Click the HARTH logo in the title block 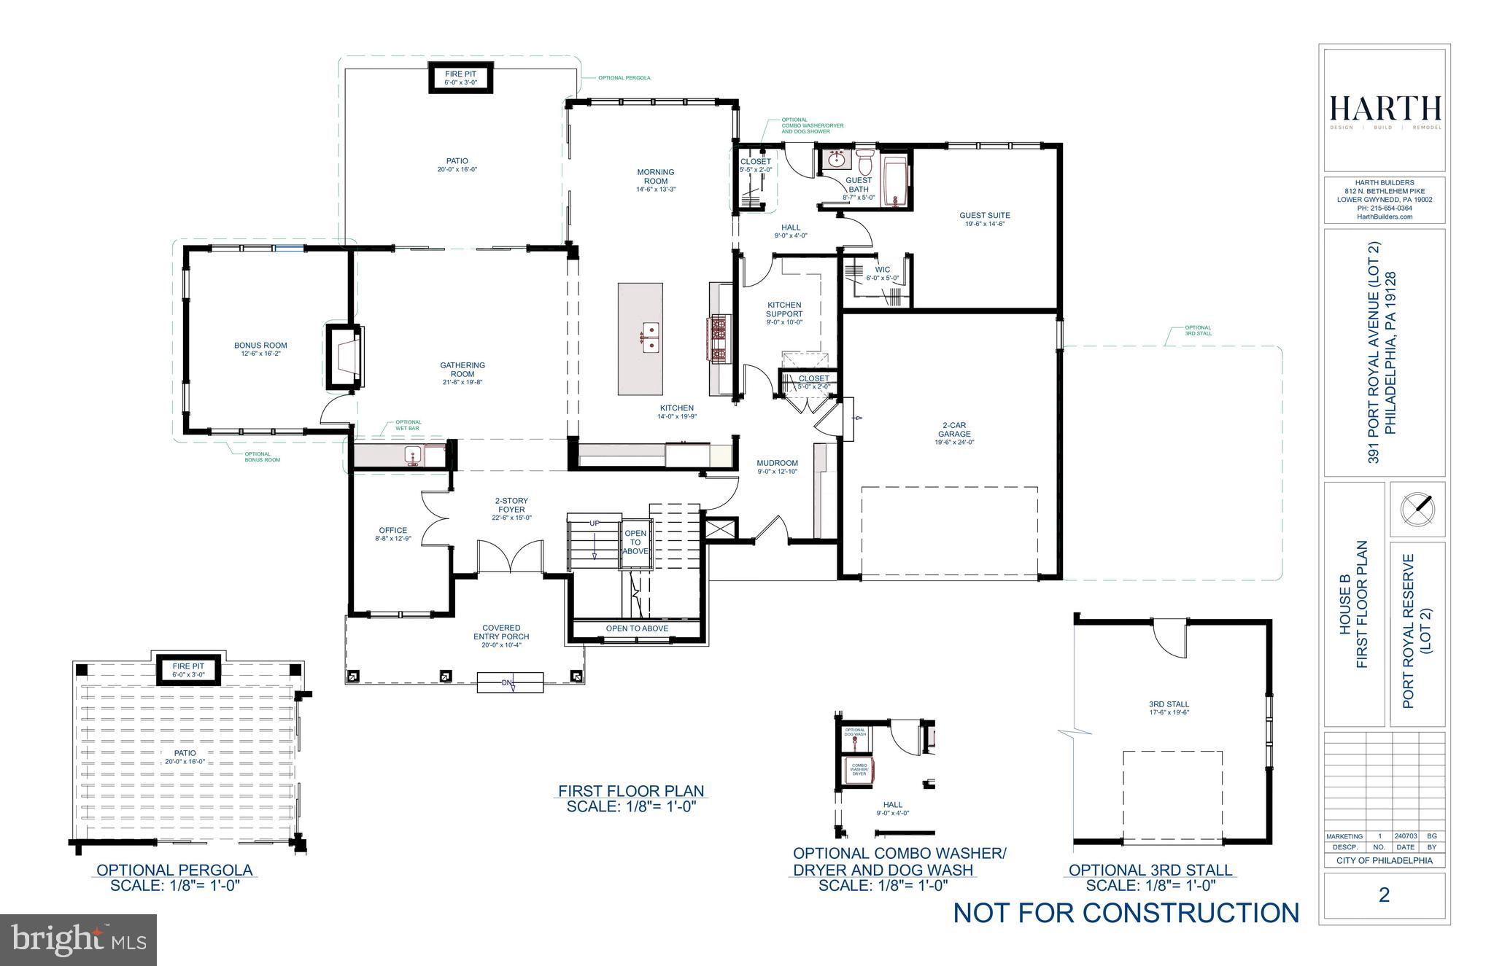pos(1385,109)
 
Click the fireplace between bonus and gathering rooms pos(344,357)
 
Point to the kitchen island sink pos(649,337)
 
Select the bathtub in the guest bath pos(894,180)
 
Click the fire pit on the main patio pos(461,78)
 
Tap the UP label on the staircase pos(595,523)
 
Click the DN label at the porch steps pos(508,683)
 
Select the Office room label pos(392,534)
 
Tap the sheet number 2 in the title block pos(1384,895)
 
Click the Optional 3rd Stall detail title pos(1150,870)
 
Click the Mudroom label pos(777,467)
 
